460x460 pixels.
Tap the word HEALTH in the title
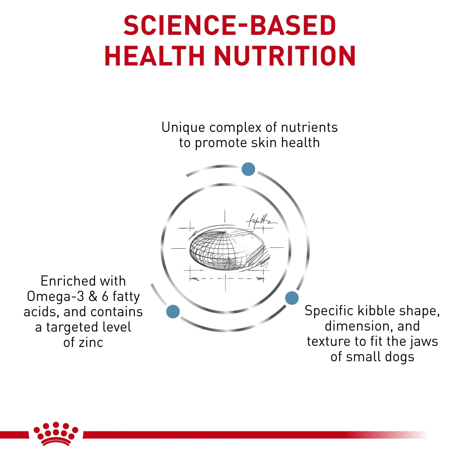155,56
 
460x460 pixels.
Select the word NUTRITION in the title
285,56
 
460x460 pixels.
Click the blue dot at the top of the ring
248,169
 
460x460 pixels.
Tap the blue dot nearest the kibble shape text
292,298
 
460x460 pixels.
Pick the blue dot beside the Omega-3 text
173,311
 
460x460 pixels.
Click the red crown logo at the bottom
56,433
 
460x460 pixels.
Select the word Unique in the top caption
183,128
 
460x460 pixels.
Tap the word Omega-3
55,296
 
